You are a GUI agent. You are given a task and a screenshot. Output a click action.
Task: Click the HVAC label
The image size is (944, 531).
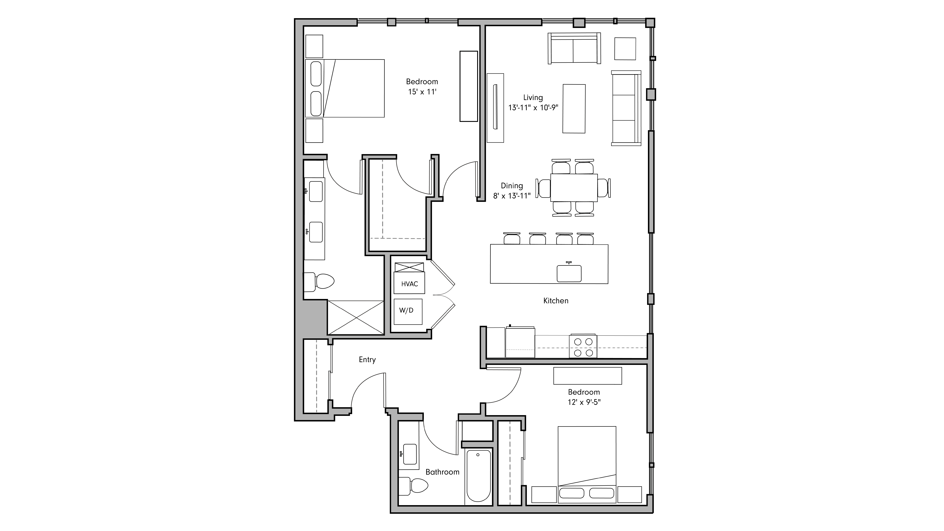(x=409, y=284)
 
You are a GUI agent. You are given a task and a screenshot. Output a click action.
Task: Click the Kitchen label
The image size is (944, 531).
(x=556, y=301)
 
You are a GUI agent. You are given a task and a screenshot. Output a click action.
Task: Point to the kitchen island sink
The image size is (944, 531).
(x=569, y=273)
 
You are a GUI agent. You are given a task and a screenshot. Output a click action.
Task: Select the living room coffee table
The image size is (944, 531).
(x=574, y=108)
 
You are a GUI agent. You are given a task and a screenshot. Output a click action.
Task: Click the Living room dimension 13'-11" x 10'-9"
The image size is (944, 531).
(x=533, y=108)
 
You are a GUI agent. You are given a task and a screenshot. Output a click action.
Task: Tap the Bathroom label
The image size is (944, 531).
(x=442, y=472)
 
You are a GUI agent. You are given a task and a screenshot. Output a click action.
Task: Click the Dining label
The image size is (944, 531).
(x=512, y=186)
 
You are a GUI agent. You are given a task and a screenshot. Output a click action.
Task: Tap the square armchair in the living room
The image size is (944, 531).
(x=625, y=49)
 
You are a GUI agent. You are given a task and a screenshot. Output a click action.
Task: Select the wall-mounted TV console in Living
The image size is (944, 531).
(x=495, y=108)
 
